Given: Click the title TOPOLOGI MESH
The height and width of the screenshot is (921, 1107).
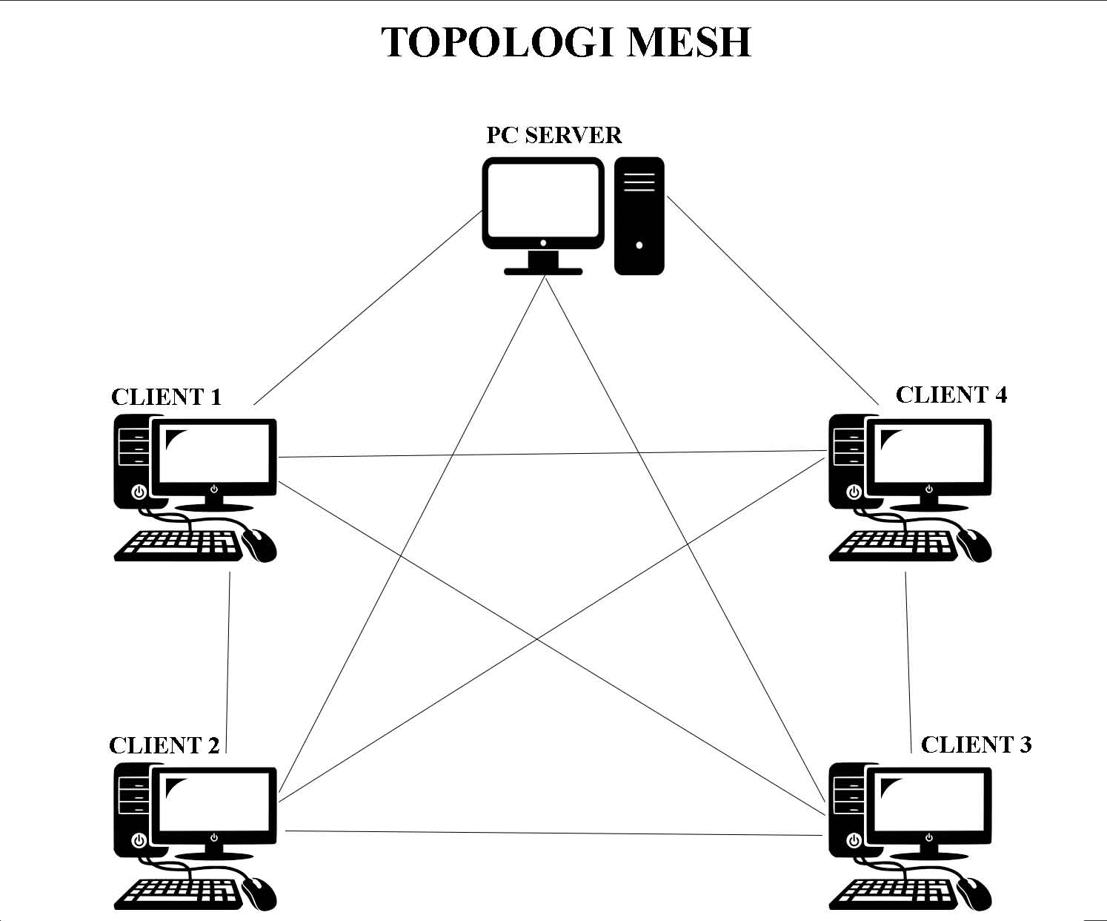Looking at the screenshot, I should (x=567, y=42).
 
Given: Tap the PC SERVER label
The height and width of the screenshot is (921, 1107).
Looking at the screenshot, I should (x=553, y=135).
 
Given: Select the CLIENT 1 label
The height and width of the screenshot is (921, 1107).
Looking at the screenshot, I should (x=166, y=397).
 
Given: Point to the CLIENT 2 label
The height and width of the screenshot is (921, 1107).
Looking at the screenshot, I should (x=164, y=745).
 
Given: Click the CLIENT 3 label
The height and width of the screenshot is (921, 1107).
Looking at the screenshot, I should (x=976, y=745).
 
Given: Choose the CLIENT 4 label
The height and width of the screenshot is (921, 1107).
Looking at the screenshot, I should (x=951, y=395).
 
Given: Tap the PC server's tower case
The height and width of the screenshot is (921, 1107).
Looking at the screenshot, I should (x=639, y=215).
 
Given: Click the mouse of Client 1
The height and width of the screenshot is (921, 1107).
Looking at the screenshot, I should (x=259, y=545).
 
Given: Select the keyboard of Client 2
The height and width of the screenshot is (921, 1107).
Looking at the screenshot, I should (x=178, y=894).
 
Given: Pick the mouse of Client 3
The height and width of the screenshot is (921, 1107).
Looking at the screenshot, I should (x=974, y=894).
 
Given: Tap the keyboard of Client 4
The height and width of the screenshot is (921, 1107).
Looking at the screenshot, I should (x=893, y=545).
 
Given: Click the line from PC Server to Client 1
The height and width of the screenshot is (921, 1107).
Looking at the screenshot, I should (x=367, y=308).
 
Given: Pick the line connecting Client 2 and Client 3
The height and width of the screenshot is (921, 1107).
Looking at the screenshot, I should (x=556, y=833).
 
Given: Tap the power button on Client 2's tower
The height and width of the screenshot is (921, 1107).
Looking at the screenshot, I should (x=138, y=840).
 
